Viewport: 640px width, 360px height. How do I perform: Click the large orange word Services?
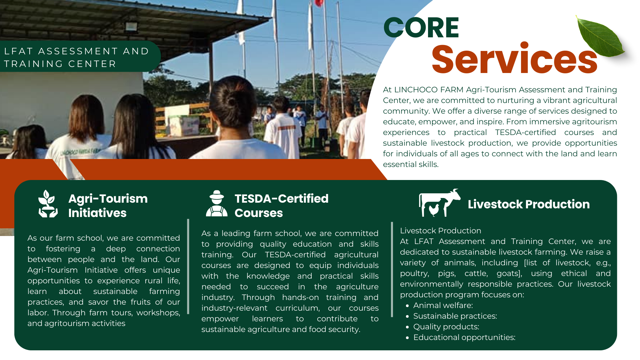click(x=514, y=59)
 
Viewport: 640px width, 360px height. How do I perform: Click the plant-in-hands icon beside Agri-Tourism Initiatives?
click(x=48, y=204)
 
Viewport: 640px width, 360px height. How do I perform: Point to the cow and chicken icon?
click(x=439, y=203)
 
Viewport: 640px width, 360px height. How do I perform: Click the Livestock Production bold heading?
click(x=529, y=204)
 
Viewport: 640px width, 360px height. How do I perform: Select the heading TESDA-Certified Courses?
click(x=281, y=205)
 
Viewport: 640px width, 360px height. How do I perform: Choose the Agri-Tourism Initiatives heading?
click(x=108, y=205)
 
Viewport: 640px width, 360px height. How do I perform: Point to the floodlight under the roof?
click(x=131, y=27)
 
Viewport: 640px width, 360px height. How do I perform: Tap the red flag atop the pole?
click(x=319, y=3)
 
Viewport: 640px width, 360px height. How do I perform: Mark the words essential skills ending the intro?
click(x=411, y=164)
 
